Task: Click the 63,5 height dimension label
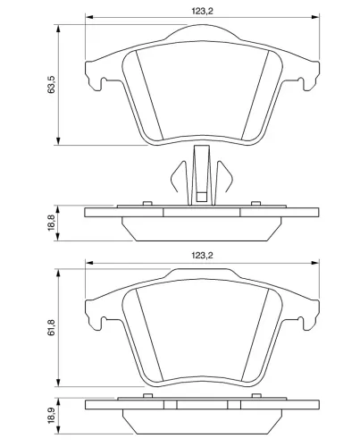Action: [x=51, y=85]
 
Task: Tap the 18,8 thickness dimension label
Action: [x=52, y=223]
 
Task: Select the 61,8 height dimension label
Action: [x=51, y=327]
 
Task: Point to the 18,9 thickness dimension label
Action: [x=52, y=416]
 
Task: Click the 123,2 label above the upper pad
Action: [x=203, y=11]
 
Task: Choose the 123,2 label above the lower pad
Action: [x=203, y=256]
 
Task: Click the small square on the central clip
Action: [x=202, y=197]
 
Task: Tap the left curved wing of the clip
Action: [x=178, y=177]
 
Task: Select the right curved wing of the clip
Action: [x=225, y=177]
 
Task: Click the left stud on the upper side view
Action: [x=147, y=203]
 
